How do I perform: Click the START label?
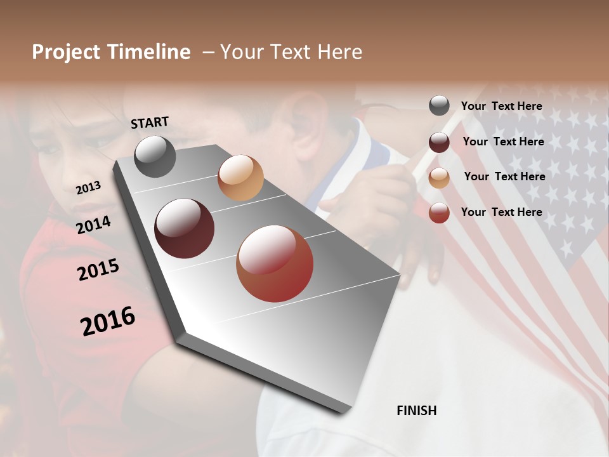[150, 123]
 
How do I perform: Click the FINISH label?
[416, 411]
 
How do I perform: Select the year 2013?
[88, 187]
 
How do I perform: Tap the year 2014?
[94, 225]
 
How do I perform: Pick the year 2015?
[98, 270]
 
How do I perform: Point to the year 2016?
[108, 321]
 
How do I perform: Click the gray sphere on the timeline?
[155, 156]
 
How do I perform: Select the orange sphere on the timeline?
[240, 178]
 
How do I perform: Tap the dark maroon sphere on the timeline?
[185, 228]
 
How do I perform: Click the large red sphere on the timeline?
[275, 263]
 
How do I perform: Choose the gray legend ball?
[439, 105]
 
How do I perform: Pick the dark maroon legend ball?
[439, 142]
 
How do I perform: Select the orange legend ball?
[439, 178]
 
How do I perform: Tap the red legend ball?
[439, 213]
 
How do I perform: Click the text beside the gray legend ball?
[502, 107]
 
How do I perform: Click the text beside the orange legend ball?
[504, 176]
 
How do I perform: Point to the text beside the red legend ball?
[502, 212]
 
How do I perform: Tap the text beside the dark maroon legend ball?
[503, 142]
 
